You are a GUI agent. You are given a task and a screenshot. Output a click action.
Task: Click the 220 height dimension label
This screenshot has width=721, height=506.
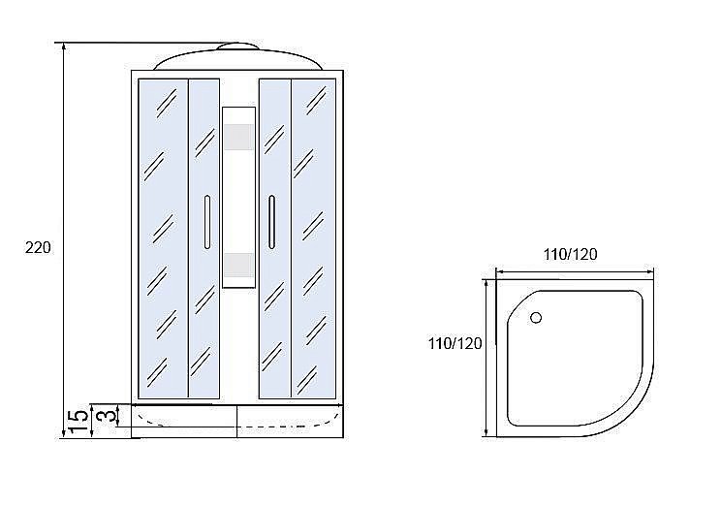tap(37, 248)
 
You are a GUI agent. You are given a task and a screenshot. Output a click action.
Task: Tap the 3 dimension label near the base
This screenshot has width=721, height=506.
tap(110, 417)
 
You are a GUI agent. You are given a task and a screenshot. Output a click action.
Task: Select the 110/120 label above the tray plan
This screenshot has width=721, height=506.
tap(570, 255)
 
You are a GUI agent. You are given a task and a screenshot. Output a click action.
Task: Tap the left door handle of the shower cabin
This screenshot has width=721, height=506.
tap(205, 221)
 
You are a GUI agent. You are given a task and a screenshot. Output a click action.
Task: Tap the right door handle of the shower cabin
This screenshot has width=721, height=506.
tap(272, 221)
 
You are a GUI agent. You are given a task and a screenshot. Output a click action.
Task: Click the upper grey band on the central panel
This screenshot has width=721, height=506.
tap(239, 139)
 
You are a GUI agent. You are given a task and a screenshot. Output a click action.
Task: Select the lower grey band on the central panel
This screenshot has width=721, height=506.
tap(239, 264)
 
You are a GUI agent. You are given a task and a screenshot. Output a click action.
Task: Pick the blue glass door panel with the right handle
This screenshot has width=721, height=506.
tap(274, 291)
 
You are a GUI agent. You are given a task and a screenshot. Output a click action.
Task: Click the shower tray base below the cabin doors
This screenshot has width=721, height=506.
tap(237, 419)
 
